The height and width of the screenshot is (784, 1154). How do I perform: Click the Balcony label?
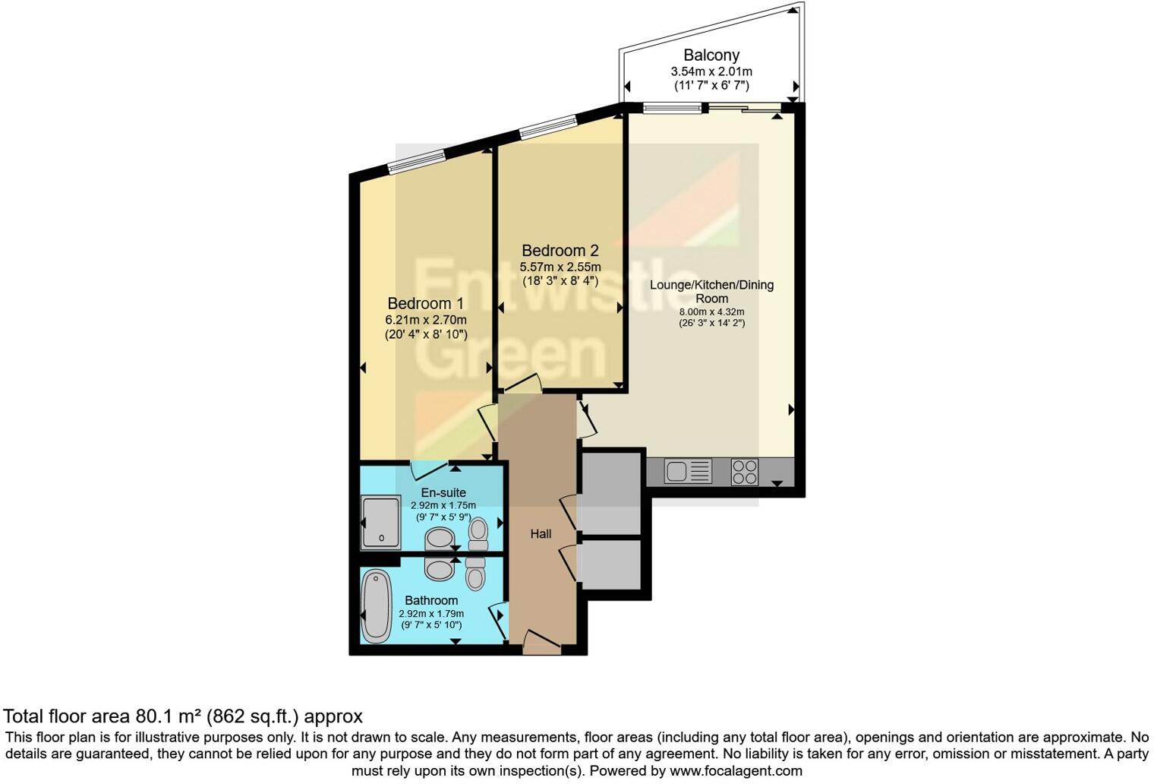click(711, 55)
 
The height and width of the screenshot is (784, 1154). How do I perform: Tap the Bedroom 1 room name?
click(425, 303)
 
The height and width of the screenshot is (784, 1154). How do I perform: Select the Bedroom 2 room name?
click(560, 250)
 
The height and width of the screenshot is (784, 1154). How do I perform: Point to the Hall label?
click(541, 534)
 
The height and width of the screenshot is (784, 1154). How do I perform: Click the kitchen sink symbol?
click(688, 472)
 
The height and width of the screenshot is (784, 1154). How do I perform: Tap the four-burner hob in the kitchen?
click(744, 472)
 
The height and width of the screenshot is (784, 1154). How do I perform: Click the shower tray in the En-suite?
click(380, 522)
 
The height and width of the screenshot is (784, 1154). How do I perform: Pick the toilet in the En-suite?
click(478, 533)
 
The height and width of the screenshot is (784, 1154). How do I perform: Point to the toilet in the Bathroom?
click(475, 574)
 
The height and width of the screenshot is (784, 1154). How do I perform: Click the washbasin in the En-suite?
click(440, 539)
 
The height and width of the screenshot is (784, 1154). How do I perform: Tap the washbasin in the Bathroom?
click(440, 568)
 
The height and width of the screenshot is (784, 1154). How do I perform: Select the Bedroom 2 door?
click(522, 384)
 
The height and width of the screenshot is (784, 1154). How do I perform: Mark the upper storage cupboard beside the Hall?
click(610, 493)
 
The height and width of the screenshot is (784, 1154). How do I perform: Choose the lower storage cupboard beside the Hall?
click(610, 564)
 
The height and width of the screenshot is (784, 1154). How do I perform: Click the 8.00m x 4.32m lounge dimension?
click(711, 311)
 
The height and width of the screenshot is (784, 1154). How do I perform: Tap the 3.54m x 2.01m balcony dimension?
click(711, 71)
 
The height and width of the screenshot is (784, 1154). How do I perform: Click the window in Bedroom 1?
click(415, 160)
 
